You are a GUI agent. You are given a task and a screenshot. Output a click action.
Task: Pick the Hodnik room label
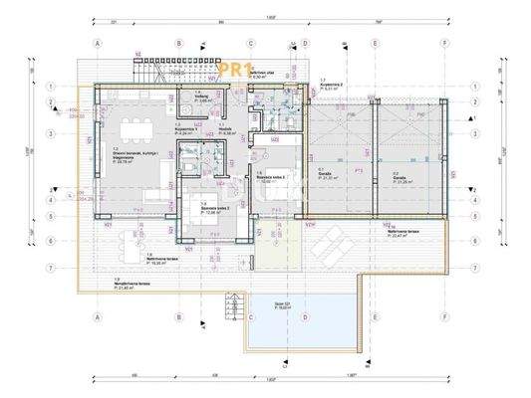(x=225, y=130)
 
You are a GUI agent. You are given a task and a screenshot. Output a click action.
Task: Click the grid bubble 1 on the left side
(x=51, y=87)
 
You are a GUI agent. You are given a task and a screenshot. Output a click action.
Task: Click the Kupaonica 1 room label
(x=189, y=130)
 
